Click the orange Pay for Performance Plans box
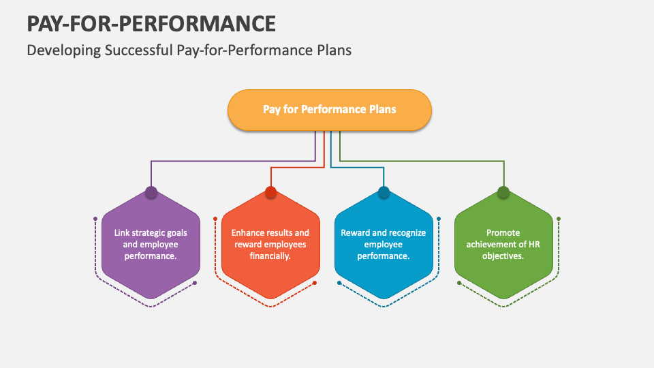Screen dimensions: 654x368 330,110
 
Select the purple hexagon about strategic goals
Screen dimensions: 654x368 151,245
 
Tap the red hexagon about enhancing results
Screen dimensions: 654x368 270,245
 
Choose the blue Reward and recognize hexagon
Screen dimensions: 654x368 384,245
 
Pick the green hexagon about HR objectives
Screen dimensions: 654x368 503,245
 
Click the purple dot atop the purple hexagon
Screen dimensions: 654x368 151,192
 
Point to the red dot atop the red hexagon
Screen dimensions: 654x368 270,192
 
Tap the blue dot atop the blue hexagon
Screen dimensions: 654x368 384,192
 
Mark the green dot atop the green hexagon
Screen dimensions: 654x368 503,192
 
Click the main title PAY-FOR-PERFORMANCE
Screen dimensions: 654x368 151,23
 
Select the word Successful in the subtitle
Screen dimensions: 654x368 138,50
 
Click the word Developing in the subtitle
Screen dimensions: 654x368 64,50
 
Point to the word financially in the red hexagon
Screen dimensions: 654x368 270,256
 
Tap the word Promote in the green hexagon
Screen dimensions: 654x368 503,233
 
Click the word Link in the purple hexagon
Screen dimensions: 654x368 122,233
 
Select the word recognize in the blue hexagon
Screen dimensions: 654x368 408,233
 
